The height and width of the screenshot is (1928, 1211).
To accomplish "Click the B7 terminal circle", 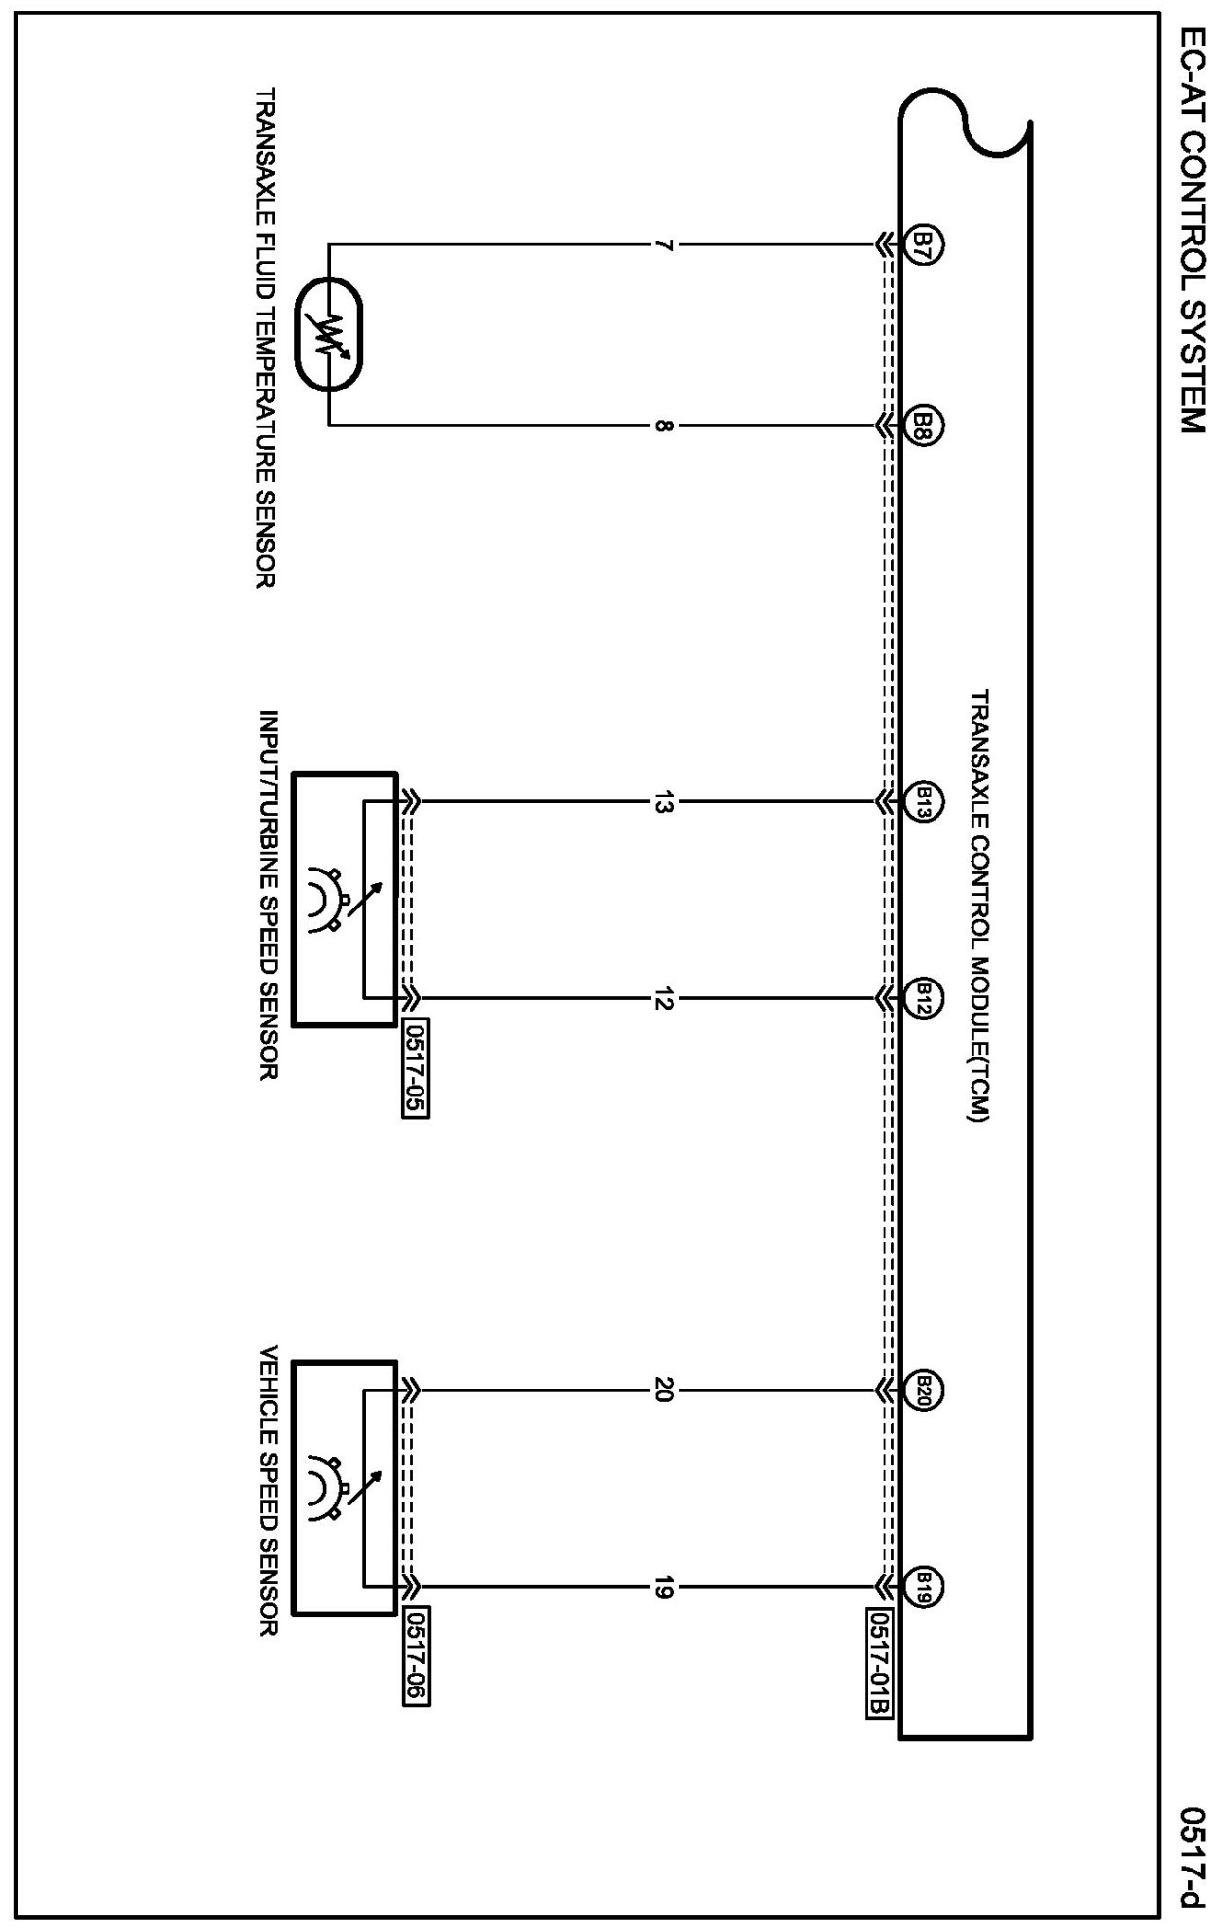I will coord(925,242).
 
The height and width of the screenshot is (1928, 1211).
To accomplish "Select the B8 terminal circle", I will coord(925,425).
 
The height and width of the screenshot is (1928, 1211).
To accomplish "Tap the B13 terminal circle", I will coord(925,801).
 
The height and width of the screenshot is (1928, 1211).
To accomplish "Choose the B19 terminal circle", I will coord(925,1585).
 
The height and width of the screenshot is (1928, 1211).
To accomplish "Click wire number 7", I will coord(663,243).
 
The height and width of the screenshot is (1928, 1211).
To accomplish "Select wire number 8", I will coord(663,426).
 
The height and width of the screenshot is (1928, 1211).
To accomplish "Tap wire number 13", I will coord(663,802).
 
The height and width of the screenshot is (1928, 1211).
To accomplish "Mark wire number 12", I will coord(663,998).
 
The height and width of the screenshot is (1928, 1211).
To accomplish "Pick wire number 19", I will coord(663,1586).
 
